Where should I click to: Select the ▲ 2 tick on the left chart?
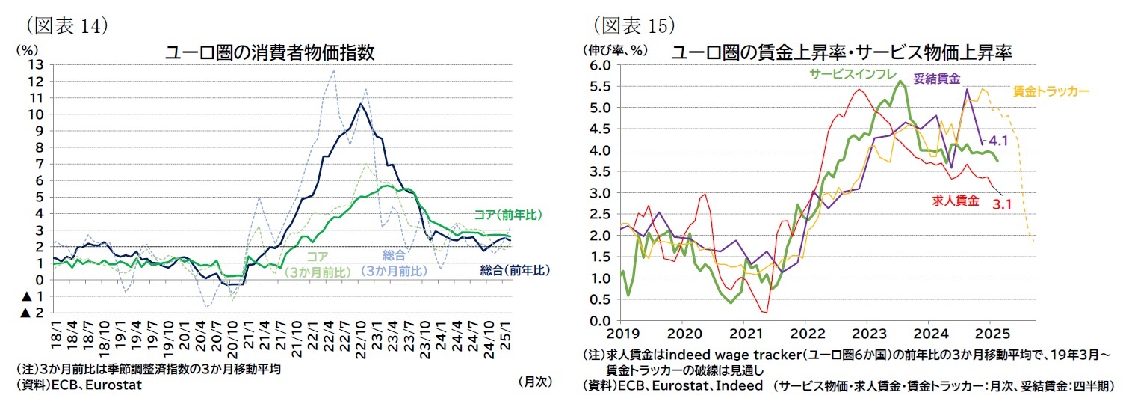tap(31, 313)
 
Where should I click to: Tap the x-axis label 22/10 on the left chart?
tap(362, 333)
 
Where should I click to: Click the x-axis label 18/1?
tap(55, 333)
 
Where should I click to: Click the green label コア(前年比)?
tap(507, 215)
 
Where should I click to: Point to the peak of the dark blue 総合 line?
tap(361, 104)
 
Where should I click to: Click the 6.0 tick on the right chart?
tap(600, 65)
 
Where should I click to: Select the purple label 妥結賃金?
tap(937, 77)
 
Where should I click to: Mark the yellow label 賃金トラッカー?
tap(1051, 91)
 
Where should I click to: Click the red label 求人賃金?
tap(955, 201)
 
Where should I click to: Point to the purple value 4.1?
tap(999, 140)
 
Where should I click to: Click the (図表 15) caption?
tap(634, 25)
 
